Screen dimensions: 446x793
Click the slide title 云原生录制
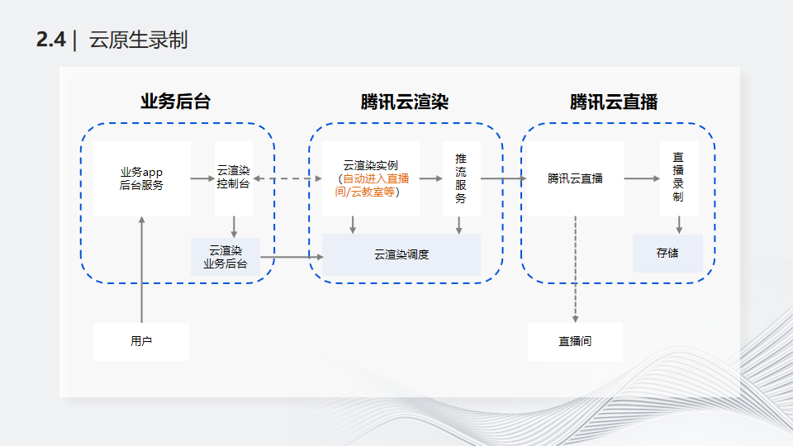(138, 40)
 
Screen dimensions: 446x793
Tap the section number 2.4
(51, 40)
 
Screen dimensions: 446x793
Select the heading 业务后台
(175, 102)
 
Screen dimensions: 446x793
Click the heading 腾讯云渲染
(405, 102)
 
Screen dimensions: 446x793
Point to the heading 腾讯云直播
(614, 102)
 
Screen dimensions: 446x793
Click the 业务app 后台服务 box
(141, 178)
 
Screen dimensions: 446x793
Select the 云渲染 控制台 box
(233, 178)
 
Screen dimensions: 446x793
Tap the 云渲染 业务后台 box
(225, 257)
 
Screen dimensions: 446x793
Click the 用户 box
(141, 341)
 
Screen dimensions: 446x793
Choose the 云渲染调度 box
(401, 254)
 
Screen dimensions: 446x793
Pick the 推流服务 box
(461, 178)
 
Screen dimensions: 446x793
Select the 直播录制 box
(678, 178)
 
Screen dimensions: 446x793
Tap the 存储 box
(667, 253)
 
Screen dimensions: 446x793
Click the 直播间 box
(575, 341)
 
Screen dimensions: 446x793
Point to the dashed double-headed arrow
(287, 178)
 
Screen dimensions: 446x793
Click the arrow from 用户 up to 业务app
(142, 268)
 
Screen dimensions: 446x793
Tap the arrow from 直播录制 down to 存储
(679, 224)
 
